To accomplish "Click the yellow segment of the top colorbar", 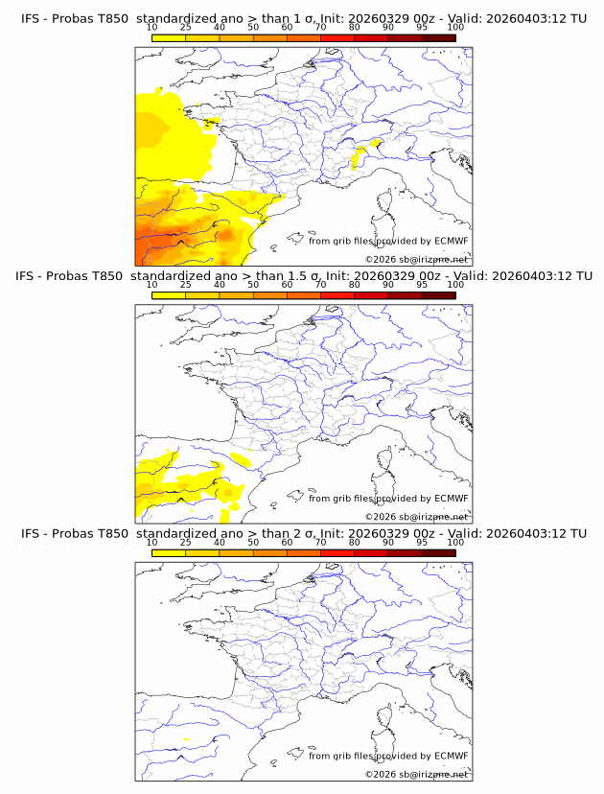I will [x=168, y=36].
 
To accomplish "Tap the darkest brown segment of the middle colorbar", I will [x=438, y=295].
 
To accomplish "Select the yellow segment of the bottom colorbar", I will [x=168, y=553].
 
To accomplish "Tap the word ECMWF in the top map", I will [x=451, y=241].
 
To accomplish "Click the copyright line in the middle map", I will [x=416, y=516].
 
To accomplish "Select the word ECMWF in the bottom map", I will [x=451, y=756].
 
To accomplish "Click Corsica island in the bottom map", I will [x=387, y=718].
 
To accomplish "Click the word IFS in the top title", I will [x=31, y=17].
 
